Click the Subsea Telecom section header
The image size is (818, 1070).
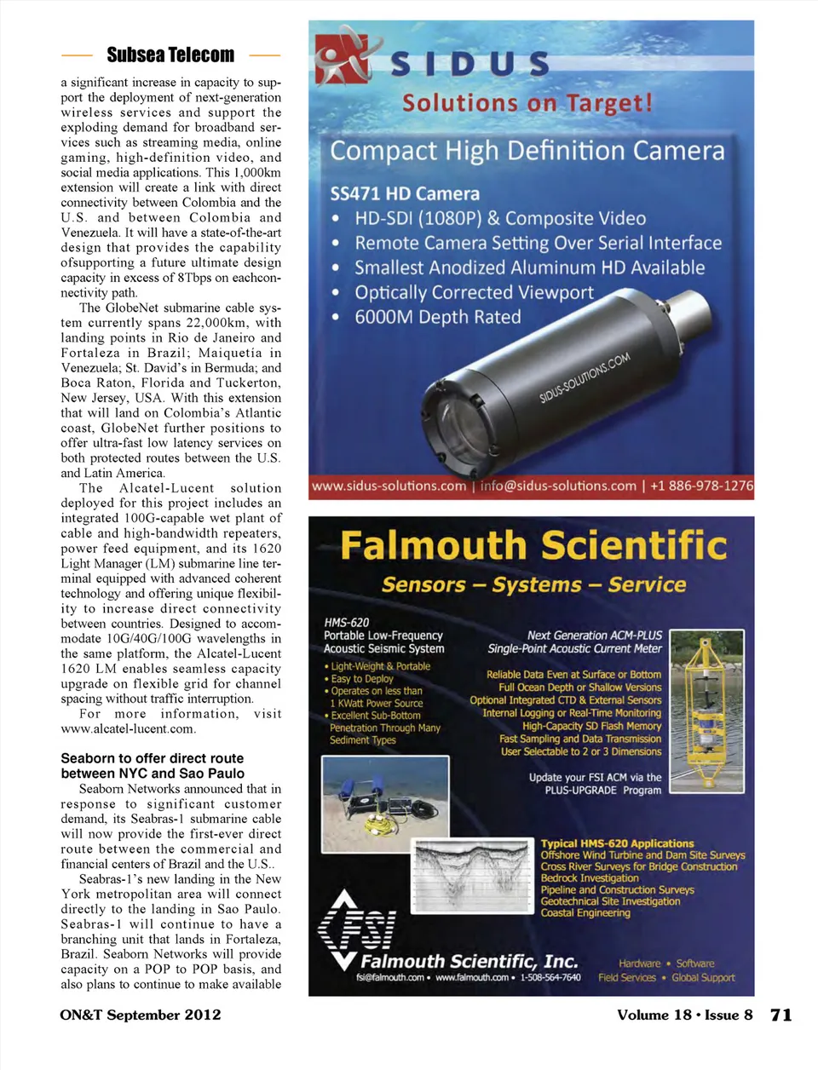point(170,55)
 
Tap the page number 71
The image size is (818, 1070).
point(781,1015)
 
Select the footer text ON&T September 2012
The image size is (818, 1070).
point(141,1015)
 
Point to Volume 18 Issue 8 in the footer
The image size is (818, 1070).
point(684,1015)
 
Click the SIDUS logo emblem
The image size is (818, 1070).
point(343,57)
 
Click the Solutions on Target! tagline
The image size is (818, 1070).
point(527,103)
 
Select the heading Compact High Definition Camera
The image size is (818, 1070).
point(527,151)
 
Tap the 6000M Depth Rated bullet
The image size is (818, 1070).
point(437,317)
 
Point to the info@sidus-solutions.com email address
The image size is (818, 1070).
point(558,486)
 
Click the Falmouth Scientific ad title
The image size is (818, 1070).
point(533,545)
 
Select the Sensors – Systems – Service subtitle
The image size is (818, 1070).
point(533,584)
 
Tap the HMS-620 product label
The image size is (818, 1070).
point(347,623)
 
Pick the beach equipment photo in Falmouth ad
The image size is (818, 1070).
point(385,804)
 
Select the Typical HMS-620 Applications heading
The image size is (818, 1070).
point(617,843)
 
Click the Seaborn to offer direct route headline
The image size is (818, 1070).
point(153,766)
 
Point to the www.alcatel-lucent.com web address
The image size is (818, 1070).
point(129,728)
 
